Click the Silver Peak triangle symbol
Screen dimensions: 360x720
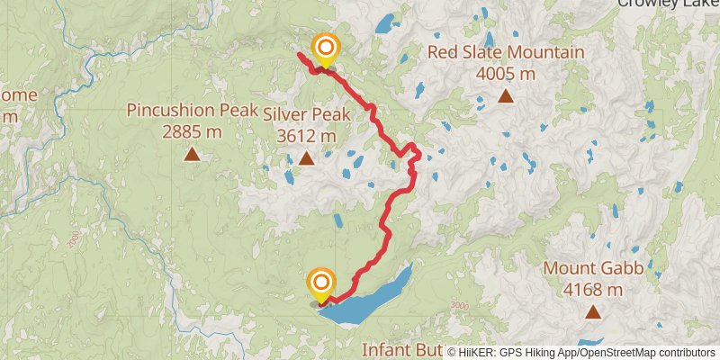[307, 159]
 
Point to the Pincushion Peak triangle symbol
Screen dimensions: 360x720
[192, 155]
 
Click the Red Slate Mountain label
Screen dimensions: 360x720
[506, 52]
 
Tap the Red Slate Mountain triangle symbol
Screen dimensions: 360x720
[506, 96]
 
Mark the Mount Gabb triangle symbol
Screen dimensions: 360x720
[593, 312]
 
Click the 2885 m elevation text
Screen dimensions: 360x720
[192, 132]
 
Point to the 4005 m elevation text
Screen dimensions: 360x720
[506, 74]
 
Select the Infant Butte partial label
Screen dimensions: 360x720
[401, 348]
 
